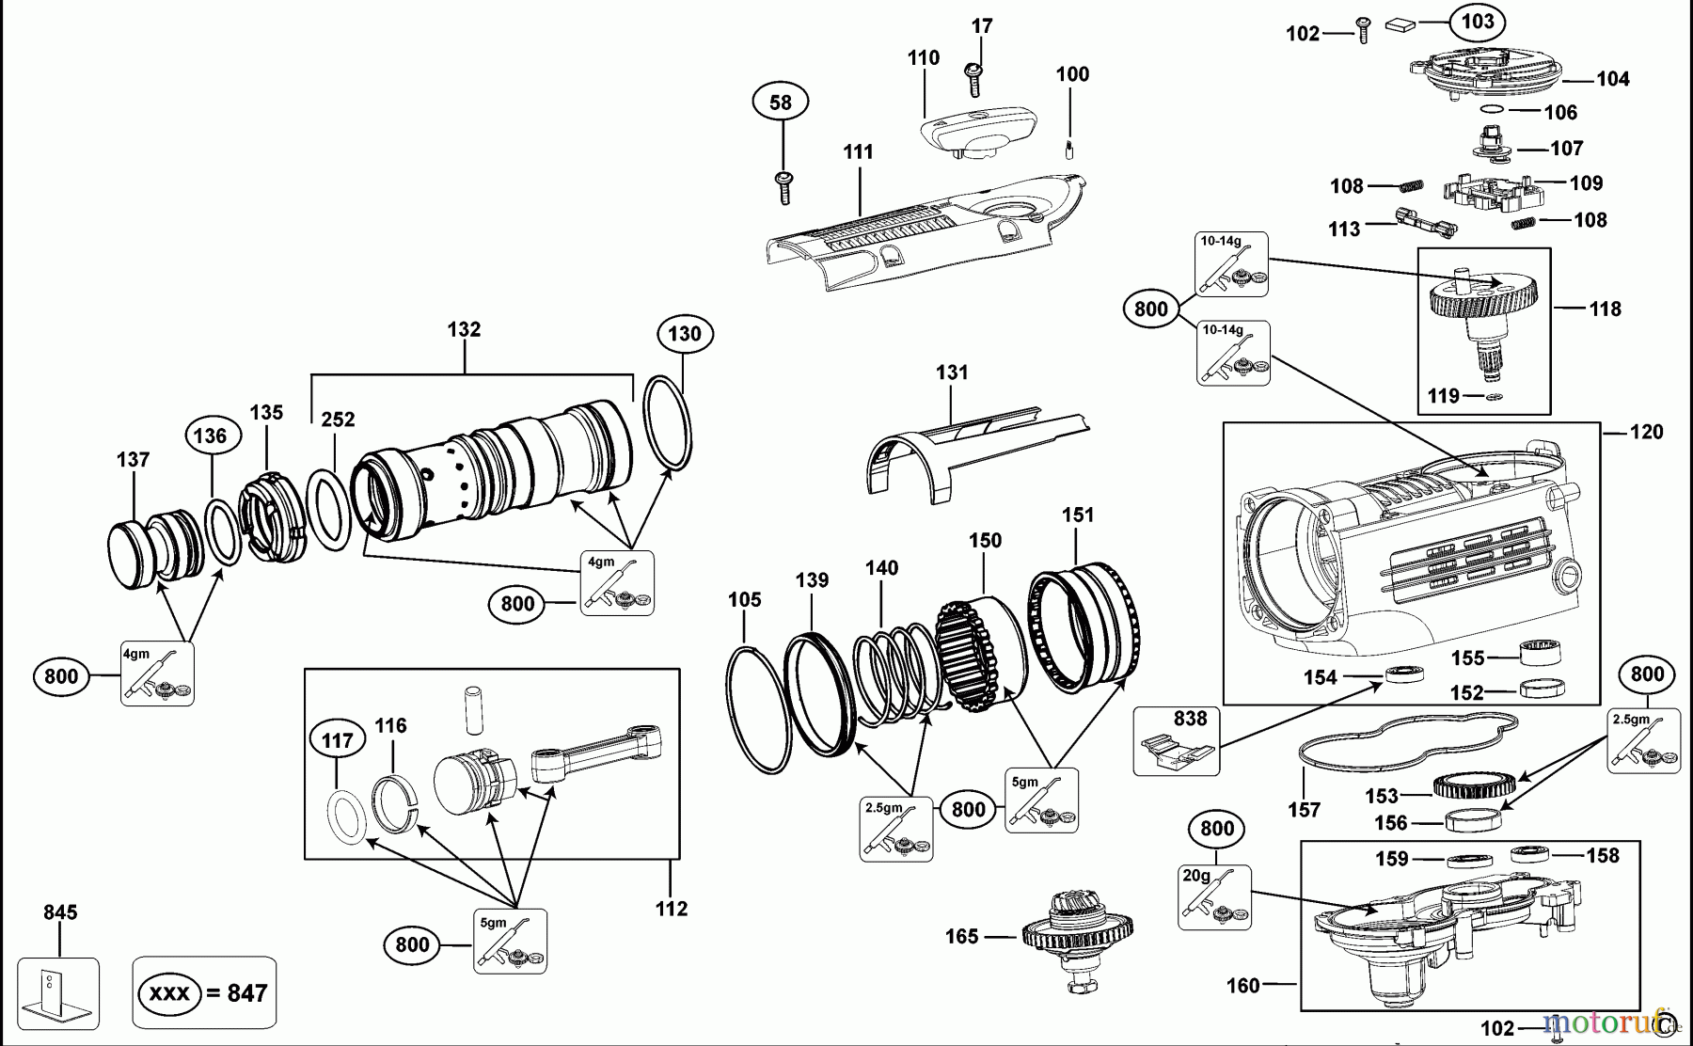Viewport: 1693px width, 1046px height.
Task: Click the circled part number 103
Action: (x=1478, y=22)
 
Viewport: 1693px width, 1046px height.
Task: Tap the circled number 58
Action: (x=781, y=102)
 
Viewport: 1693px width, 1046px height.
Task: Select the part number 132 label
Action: (x=464, y=329)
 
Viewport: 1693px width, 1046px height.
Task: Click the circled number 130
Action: (x=685, y=334)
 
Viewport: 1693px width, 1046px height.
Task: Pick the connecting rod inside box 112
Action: (x=596, y=752)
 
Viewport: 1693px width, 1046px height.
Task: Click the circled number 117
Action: (x=338, y=740)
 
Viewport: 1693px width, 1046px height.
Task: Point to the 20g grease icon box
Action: (x=1214, y=897)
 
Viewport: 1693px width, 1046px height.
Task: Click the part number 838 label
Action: (x=1190, y=719)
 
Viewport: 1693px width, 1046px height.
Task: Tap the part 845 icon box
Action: (x=58, y=993)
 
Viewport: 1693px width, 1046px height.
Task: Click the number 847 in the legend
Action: (x=247, y=993)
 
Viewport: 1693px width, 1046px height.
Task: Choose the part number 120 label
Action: (x=1646, y=432)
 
